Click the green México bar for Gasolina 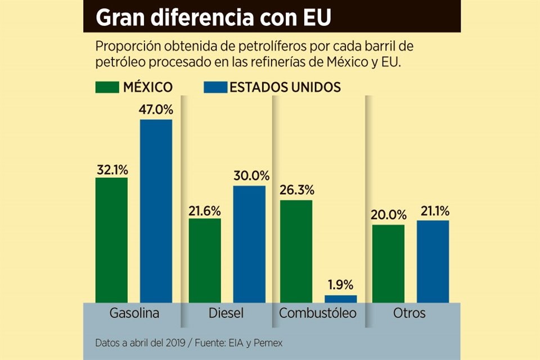(111, 240)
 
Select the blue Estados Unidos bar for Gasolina (156, 211)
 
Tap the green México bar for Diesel (205, 260)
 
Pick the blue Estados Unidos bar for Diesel (249, 244)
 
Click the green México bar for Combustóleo (296, 251)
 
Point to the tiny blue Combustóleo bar (340, 299)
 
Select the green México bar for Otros (388, 264)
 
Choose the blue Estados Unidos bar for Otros (433, 262)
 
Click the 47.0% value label (156, 109)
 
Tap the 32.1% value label (111, 168)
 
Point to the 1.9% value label (340, 285)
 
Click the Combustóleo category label (318, 313)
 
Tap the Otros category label (409, 313)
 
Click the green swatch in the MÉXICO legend (107, 87)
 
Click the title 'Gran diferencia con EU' (213, 17)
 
